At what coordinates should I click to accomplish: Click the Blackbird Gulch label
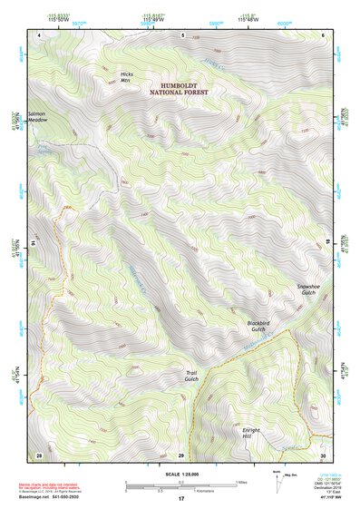259,327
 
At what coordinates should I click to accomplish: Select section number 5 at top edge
182,34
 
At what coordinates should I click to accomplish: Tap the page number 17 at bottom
181,499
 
